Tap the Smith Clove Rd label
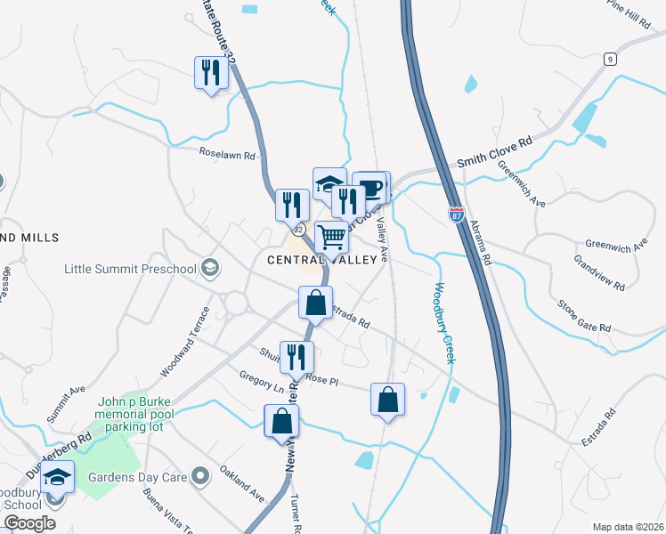pos(494,151)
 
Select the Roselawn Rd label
pos(227,155)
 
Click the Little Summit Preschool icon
pos(211,268)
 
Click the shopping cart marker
pos(331,239)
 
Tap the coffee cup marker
pos(371,188)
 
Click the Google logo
pos(29,523)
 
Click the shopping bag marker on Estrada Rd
pos(315,303)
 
